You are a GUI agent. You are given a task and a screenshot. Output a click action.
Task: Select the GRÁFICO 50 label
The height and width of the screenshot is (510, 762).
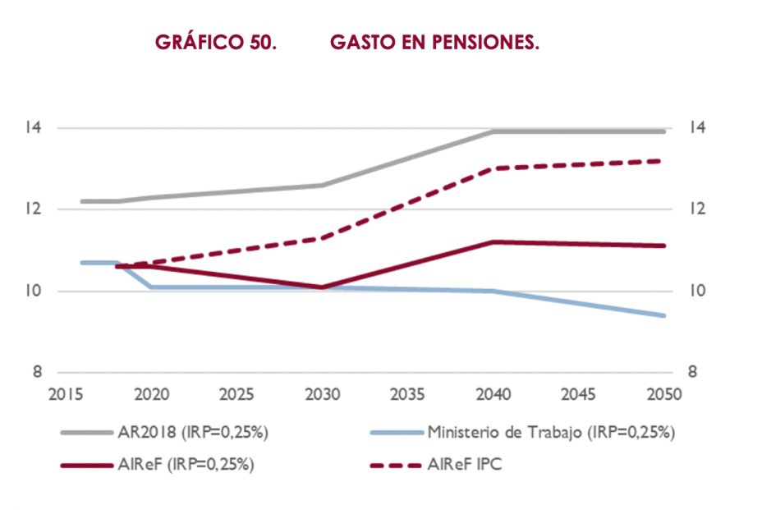pos(215,43)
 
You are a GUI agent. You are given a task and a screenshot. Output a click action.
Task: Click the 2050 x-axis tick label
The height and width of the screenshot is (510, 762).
pos(665,395)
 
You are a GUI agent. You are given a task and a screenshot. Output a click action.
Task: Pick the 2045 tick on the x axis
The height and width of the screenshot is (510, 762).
pos(579,395)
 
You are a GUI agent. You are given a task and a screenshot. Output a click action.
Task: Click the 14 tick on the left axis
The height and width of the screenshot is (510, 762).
pos(32,128)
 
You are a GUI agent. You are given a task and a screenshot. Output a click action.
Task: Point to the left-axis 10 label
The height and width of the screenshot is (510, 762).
pos(32,291)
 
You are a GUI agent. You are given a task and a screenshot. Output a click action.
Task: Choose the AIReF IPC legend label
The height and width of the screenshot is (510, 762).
pos(466,464)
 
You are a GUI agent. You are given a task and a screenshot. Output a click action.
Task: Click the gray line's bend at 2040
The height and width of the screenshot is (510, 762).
pos(493,131)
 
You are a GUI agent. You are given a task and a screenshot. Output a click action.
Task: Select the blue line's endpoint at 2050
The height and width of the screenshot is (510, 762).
pos(663,315)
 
